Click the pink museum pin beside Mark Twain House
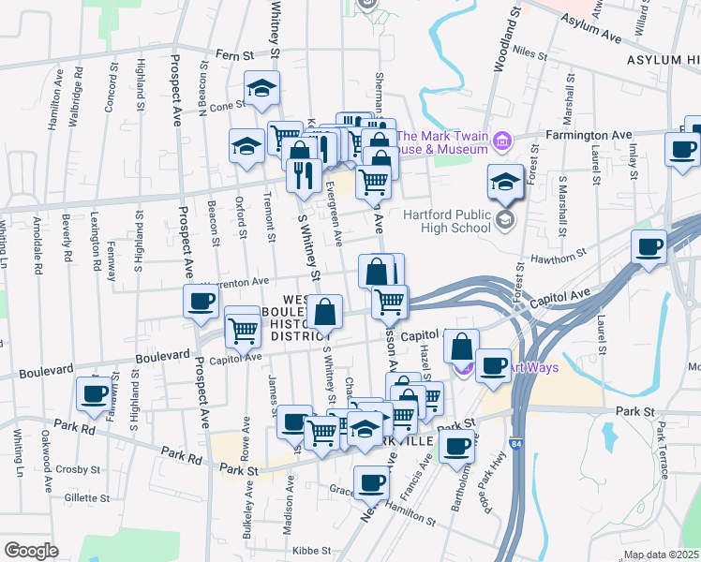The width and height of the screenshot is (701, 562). [x=502, y=141]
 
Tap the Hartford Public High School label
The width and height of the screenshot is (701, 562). [x=448, y=221]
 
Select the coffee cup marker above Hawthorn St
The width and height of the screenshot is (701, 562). [x=649, y=247]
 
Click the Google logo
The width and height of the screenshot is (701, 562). [x=32, y=550]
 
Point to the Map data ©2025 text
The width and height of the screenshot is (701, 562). [x=663, y=555]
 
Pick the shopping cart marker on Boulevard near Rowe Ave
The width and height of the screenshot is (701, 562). [x=243, y=329]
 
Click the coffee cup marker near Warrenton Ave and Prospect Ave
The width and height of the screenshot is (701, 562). [x=201, y=301]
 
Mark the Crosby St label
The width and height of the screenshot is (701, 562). [x=78, y=468]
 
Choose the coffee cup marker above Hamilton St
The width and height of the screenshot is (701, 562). [x=372, y=483]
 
